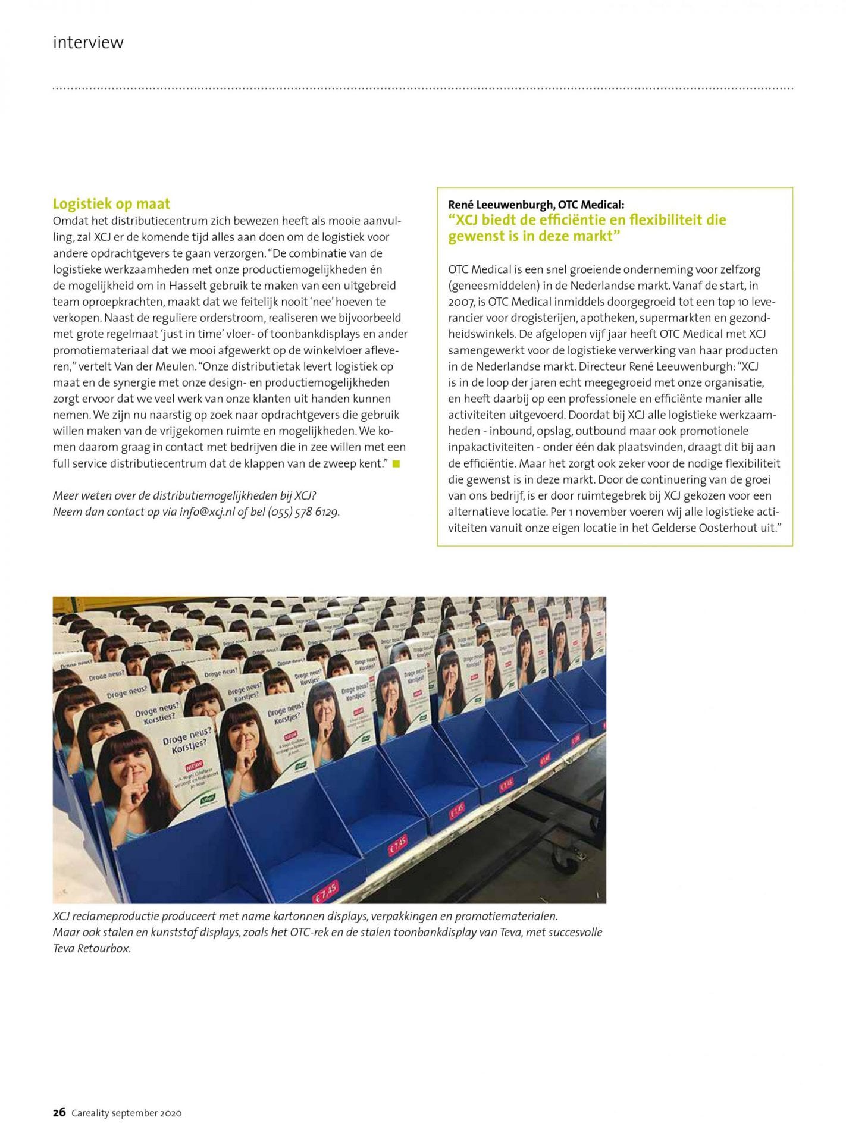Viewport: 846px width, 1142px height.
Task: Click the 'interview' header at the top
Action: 88,43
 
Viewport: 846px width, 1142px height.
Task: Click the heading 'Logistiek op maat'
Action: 111,204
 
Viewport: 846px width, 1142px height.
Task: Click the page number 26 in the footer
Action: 59,1113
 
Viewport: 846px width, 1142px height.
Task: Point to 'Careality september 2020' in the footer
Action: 127,1113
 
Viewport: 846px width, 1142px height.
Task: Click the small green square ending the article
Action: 396,463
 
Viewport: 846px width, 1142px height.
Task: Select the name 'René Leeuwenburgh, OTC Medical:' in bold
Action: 536,205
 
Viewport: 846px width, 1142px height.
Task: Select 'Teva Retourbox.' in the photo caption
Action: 92,948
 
